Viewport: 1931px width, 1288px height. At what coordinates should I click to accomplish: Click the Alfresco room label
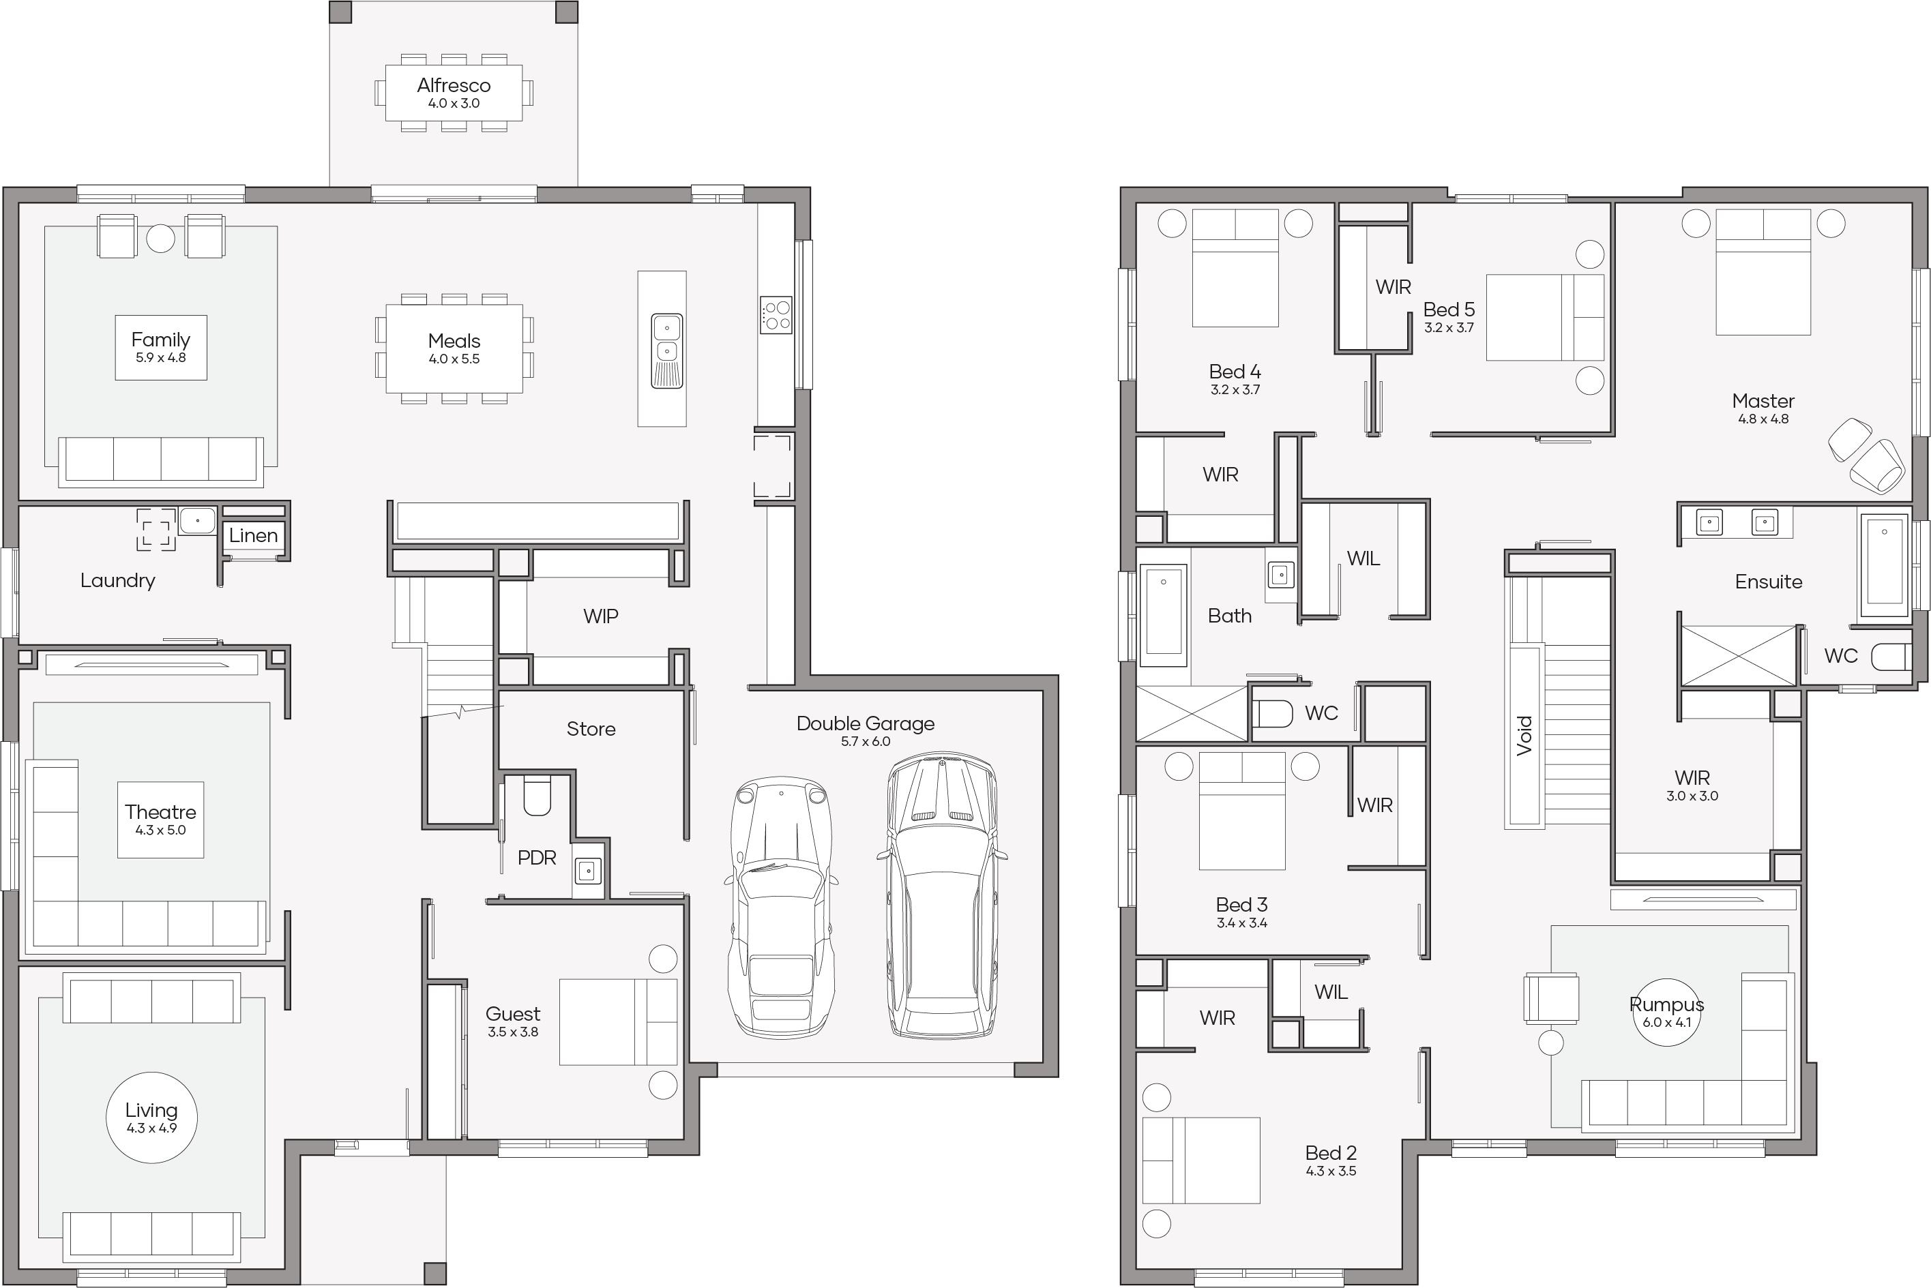tap(454, 85)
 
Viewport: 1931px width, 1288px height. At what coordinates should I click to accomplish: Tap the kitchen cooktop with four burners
tap(776, 314)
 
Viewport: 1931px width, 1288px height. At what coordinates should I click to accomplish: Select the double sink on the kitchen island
tap(667, 350)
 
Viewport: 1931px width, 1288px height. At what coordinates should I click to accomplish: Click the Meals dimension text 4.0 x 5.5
tap(454, 359)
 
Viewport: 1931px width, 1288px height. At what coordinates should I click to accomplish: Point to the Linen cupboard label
tap(253, 535)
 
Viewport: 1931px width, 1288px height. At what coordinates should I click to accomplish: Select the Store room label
tap(591, 729)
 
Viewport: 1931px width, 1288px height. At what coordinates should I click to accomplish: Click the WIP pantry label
tap(601, 616)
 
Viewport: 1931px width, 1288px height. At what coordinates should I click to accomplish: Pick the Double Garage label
tap(866, 723)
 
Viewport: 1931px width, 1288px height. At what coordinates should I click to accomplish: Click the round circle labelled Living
tap(152, 1117)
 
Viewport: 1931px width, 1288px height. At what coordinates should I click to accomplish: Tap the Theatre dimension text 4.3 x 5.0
tap(160, 830)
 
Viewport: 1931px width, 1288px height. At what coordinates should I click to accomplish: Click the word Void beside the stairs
tap(1525, 735)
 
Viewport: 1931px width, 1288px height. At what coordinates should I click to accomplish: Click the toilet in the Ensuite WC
tap(1891, 657)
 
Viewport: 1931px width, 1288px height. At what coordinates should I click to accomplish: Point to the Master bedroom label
tap(1763, 401)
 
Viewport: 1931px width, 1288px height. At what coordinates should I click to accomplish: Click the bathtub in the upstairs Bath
tap(1164, 614)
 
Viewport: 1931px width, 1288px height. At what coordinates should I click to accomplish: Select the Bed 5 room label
tap(1449, 310)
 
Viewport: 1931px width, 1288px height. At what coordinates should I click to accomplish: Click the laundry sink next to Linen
tap(197, 521)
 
